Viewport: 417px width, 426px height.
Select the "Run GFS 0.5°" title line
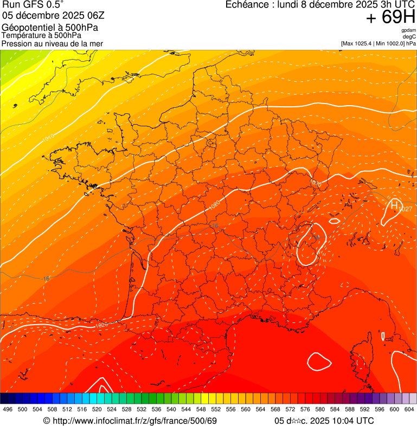[x=33, y=5]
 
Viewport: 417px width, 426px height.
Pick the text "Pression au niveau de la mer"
[x=52, y=43]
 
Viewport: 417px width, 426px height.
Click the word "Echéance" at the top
[x=246, y=5]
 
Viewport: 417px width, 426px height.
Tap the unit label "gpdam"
[x=409, y=30]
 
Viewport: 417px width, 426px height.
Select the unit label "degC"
[x=409, y=36]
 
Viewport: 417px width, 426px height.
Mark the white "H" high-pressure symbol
[x=393, y=205]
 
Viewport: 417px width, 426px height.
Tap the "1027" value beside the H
[x=405, y=209]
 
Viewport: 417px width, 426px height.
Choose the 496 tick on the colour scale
[x=8, y=410]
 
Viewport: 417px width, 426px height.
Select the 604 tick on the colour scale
[x=409, y=410]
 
